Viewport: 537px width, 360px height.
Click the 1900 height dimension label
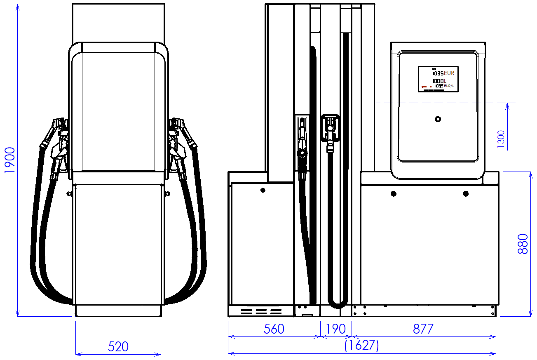click(9, 160)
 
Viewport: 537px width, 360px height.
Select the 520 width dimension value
click(118, 346)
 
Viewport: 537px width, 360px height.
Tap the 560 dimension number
click(274, 329)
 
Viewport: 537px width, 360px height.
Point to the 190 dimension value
click(336, 329)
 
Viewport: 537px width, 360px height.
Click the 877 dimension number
click(423, 329)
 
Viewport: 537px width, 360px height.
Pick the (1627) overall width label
click(361, 346)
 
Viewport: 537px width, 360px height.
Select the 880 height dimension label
click(523, 244)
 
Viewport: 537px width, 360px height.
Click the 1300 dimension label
click(501, 139)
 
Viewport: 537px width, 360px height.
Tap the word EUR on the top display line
click(449, 73)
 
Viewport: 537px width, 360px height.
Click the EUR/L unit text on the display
click(449, 86)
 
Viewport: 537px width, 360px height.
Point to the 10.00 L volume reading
click(439, 81)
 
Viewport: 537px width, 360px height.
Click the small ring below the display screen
click(438, 119)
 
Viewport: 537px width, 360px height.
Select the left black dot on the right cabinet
click(394, 193)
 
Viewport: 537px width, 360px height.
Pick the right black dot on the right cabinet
click(466, 193)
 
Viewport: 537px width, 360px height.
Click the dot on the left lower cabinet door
click(263, 190)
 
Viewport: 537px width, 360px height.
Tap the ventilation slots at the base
click(261, 312)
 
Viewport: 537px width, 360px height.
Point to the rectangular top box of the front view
click(119, 23)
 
